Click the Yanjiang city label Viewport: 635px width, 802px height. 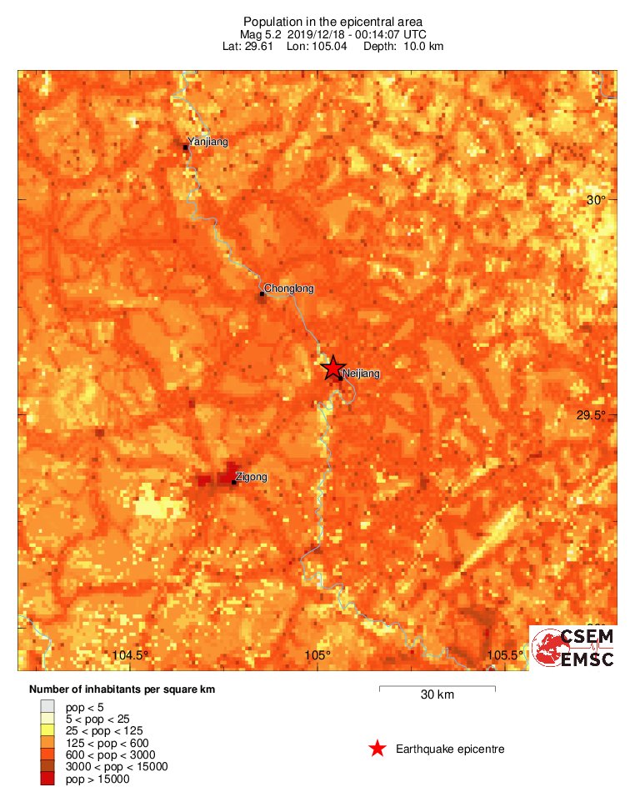(x=207, y=142)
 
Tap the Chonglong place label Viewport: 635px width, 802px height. (x=288, y=289)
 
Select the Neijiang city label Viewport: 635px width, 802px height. (x=361, y=374)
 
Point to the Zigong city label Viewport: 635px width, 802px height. (x=252, y=478)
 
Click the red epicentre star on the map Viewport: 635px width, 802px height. (x=333, y=368)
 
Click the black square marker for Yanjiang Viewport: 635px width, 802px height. (x=186, y=147)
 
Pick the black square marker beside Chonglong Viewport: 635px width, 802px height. (x=262, y=293)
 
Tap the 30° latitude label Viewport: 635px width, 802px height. (x=596, y=200)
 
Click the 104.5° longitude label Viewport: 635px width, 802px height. (x=130, y=654)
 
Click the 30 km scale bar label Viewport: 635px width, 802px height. (x=437, y=695)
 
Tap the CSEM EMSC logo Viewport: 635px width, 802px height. (x=574, y=647)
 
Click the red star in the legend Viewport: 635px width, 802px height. (x=377, y=749)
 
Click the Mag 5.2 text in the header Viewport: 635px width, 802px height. (x=261, y=34)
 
